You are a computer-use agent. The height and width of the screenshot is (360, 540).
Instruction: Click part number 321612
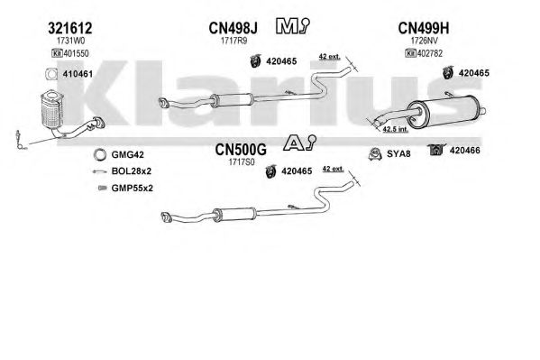70,28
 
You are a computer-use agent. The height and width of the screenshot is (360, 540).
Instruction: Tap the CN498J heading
233,28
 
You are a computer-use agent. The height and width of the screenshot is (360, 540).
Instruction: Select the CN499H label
424,28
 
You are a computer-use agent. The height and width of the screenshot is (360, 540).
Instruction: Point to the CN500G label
241,150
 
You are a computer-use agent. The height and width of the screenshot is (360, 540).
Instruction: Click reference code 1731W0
70,41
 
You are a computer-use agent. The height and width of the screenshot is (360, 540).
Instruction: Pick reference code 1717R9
233,41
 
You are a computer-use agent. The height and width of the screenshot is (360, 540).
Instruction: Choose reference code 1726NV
425,41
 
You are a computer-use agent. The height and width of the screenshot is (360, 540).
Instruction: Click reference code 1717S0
242,162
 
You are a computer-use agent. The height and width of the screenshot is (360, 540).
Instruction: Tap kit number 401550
76,53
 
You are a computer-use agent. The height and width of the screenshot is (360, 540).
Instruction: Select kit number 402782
430,53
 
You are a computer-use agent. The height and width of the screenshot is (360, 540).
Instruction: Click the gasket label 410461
78,74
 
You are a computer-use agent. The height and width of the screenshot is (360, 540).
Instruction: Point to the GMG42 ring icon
100,155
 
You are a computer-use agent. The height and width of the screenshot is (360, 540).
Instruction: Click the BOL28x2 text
132,171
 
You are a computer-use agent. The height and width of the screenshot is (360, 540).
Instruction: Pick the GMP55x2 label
132,189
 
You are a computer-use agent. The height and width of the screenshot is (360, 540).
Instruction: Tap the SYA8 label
398,153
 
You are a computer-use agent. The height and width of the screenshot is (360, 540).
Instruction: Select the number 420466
464,151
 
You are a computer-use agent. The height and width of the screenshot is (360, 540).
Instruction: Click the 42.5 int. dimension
396,129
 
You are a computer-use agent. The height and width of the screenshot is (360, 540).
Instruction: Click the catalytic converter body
51,110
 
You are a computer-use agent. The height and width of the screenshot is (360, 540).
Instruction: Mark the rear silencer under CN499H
444,111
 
